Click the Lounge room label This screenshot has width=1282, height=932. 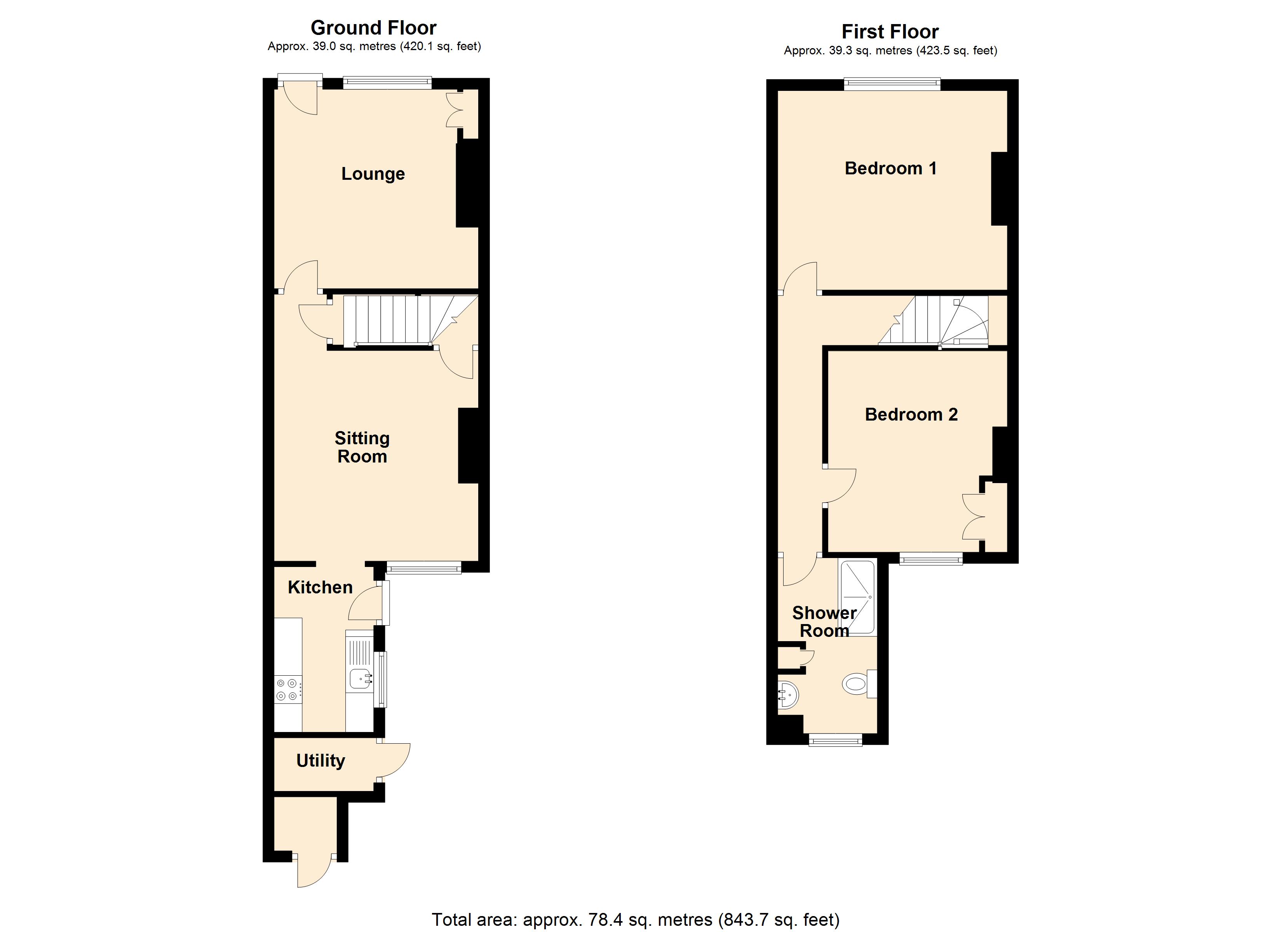(373, 174)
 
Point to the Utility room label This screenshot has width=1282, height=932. (320, 761)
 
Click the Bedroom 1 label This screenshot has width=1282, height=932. (890, 169)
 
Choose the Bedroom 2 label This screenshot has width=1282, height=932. (911, 414)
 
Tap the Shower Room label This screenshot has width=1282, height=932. (824, 622)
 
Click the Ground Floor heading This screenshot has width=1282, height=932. (374, 28)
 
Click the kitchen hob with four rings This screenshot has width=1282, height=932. (288, 690)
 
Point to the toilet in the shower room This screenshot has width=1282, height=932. (856, 684)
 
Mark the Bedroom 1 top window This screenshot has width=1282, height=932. (892, 85)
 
